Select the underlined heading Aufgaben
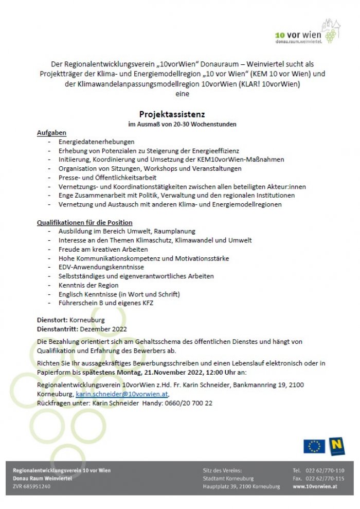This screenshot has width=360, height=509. [51, 133]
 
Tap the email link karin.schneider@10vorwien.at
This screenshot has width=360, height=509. [121, 394]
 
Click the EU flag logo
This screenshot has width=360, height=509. [314, 446]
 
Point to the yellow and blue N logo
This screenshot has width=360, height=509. [337, 446]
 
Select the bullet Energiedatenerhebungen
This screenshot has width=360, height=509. [96, 142]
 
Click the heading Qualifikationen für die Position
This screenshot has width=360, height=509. [85, 222]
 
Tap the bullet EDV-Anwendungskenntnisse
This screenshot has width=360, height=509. [101, 267]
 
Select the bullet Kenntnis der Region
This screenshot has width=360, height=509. [88, 285]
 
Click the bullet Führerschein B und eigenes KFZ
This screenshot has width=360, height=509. [105, 303]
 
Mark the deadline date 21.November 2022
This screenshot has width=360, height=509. [173, 372]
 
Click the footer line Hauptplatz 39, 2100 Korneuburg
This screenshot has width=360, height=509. [241, 486]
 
